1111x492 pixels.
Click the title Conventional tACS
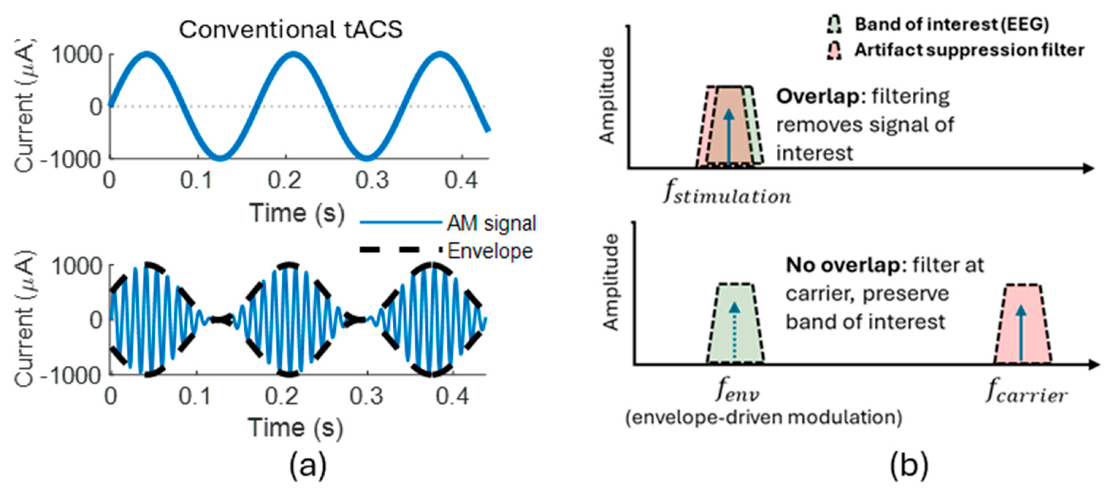pyautogui.click(x=291, y=30)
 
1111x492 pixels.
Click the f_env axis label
pyautogui.click(x=737, y=392)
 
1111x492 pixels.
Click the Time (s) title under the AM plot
pyautogui.click(x=296, y=428)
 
